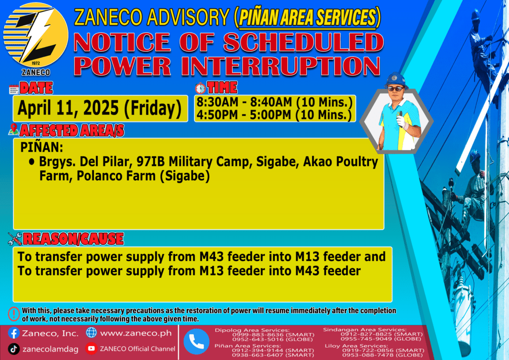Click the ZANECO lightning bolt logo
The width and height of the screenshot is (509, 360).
[36, 35]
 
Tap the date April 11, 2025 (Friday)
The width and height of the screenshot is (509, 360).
[99, 108]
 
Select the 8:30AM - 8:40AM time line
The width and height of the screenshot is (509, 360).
[274, 102]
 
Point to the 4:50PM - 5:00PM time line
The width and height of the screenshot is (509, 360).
[274, 115]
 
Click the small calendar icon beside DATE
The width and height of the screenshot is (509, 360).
[14, 89]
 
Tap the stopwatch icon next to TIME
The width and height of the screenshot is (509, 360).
[200, 88]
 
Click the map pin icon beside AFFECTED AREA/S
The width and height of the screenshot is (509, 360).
[13, 129]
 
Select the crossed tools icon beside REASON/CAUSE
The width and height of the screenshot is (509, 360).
[15, 239]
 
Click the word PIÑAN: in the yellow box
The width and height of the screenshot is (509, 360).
[42, 147]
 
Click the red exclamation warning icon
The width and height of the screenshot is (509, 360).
[14, 314]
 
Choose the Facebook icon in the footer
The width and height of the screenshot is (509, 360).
[13, 333]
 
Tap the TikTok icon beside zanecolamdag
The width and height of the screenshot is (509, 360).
[13, 349]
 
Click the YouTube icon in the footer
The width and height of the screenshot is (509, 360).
[91, 348]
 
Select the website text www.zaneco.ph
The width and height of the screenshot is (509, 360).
[136, 333]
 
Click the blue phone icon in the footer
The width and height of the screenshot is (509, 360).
[196, 342]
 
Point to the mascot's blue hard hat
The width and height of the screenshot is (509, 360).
[396, 80]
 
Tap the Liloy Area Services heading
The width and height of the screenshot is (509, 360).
[356, 346]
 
